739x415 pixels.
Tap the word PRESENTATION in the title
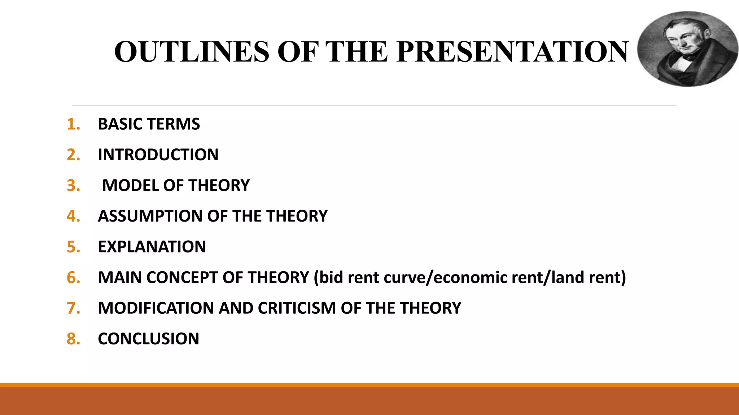pos(512,52)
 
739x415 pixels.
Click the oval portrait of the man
pos(687,49)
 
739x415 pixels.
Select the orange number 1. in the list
pos(73,124)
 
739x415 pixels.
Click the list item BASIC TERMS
pos(149,124)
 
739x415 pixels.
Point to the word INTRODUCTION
pos(158,155)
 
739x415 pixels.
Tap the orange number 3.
pos(73,186)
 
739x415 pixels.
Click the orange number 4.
pos(73,216)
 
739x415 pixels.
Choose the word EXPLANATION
pos(152,247)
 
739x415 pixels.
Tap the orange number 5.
pos(73,247)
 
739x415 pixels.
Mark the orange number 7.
pos(73,308)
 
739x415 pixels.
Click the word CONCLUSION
pos(148,339)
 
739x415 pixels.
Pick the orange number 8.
pos(73,339)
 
